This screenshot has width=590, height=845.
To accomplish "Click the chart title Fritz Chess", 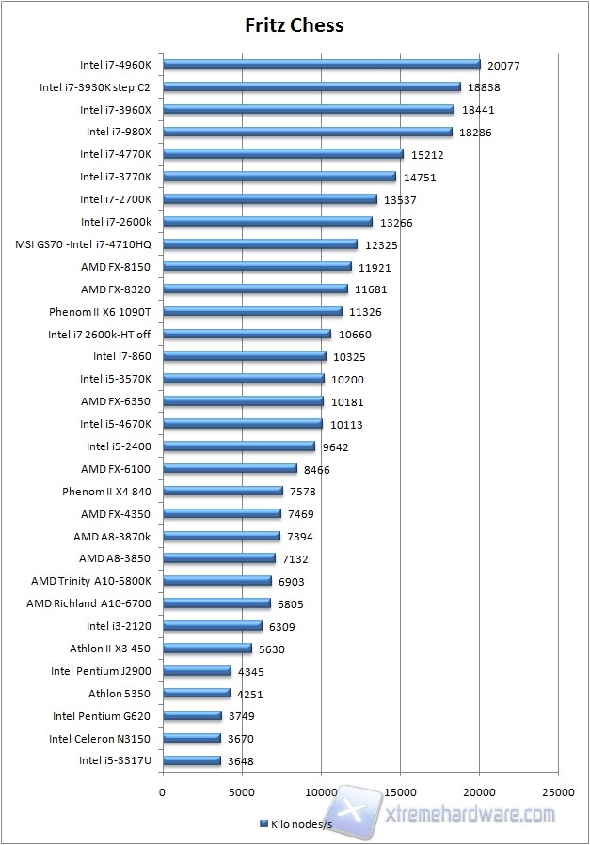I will [295, 25].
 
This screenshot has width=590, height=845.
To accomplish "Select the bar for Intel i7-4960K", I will [321, 65].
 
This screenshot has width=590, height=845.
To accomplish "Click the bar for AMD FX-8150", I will [257, 267].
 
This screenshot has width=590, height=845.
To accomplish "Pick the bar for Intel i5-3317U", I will [192, 761].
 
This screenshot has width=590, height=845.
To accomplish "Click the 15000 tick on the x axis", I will [400, 791].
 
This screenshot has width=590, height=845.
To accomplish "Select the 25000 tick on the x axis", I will [558, 791].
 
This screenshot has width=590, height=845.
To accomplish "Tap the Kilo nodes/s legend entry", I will [294, 823].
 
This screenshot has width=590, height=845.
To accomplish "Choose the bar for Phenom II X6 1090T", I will [252, 312].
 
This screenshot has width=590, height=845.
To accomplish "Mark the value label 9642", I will [336, 447].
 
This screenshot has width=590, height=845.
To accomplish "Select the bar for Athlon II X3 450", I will [207, 649].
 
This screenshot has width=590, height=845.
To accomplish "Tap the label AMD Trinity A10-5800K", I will [90, 581].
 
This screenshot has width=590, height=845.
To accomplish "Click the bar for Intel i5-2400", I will [239, 446].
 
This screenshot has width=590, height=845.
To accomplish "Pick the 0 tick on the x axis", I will [163, 791].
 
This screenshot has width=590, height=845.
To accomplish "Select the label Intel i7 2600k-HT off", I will [99, 335].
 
